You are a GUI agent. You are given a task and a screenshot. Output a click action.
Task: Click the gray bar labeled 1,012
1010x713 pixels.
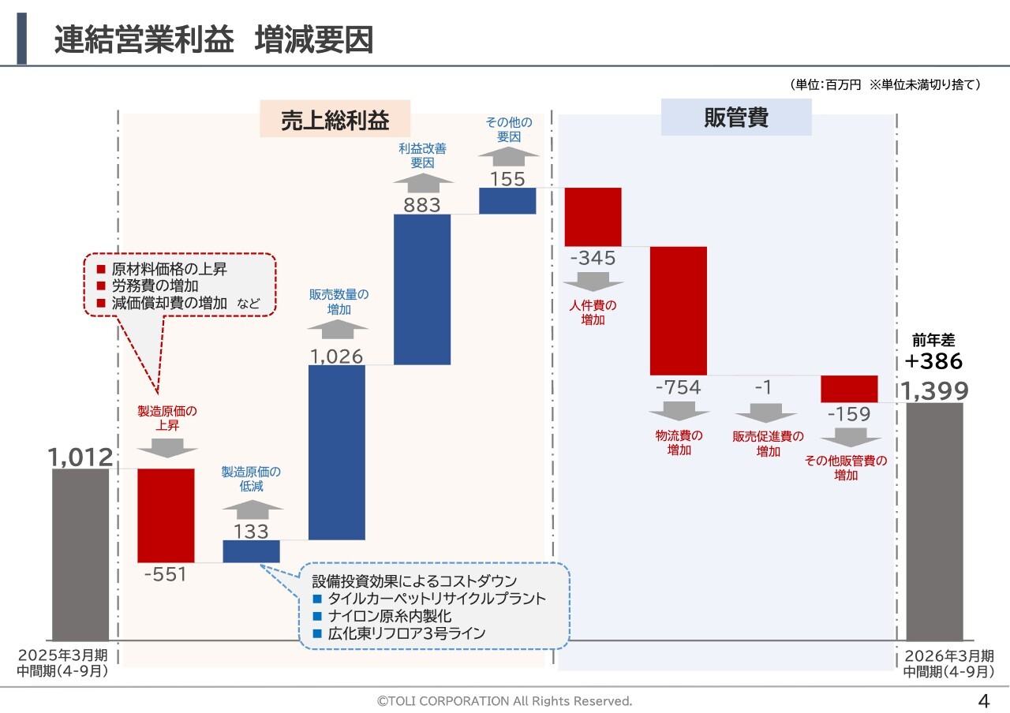tap(80, 554)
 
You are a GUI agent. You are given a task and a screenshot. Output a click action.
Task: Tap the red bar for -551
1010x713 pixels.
tap(166, 515)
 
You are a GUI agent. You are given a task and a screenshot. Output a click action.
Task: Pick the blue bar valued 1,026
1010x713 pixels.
tap(336, 452)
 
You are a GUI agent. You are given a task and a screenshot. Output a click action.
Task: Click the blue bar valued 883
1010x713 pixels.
tap(422, 289)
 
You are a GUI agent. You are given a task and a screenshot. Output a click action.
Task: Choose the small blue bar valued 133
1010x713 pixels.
tap(251, 551)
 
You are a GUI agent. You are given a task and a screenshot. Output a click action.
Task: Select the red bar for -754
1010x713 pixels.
tap(679, 311)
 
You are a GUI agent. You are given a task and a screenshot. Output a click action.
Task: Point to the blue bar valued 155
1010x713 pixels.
tap(507, 200)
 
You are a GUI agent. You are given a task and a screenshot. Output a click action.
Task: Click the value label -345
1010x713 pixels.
tap(592, 258)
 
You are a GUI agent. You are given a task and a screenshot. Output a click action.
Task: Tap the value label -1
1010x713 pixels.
tap(763, 387)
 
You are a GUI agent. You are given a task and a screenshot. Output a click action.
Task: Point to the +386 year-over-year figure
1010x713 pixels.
tap(934, 361)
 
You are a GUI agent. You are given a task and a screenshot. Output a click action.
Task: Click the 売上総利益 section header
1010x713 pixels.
tap(335, 120)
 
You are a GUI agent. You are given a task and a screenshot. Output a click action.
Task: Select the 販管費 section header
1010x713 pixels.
tap(736, 118)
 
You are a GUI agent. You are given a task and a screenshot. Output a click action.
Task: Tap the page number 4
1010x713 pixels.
tap(983, 700)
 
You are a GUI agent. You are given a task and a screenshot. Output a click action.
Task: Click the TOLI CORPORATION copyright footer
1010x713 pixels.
tap(505, 700)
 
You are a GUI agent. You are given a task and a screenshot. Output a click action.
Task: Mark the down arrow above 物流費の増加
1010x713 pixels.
tap(679, 411)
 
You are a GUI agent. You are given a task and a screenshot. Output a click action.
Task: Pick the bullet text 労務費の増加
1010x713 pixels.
tap(155, 286)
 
